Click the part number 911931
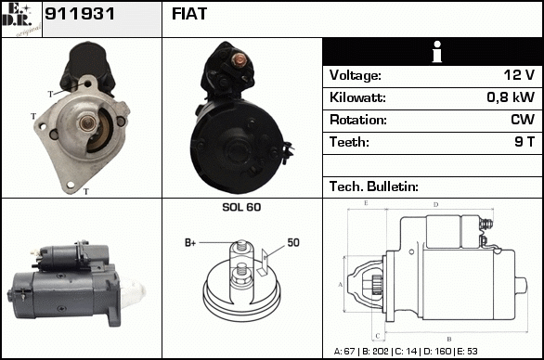(x=80, y=14)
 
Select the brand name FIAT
(x=189, y=14)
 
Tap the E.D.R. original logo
(x=21, y=19)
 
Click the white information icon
(x=437, y=52)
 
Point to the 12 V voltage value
(x=519, y=75)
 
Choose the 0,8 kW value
(x=511, y=97)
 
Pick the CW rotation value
(x=523, y=120)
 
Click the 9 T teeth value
(x=525, y=142)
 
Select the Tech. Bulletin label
(x=374, y=186)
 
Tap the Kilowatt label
(x=357, y=97)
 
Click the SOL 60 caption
(x=241, y=207)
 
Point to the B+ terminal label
(x=190, y=243)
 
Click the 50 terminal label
(x=293, y=242)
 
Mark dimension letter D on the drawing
(x=436, y=205)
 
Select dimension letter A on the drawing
(x=341, y=285)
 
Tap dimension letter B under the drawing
(x=449, y=339)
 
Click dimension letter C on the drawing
(x=378, y=335)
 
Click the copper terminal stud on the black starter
(x=239, y=59)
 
